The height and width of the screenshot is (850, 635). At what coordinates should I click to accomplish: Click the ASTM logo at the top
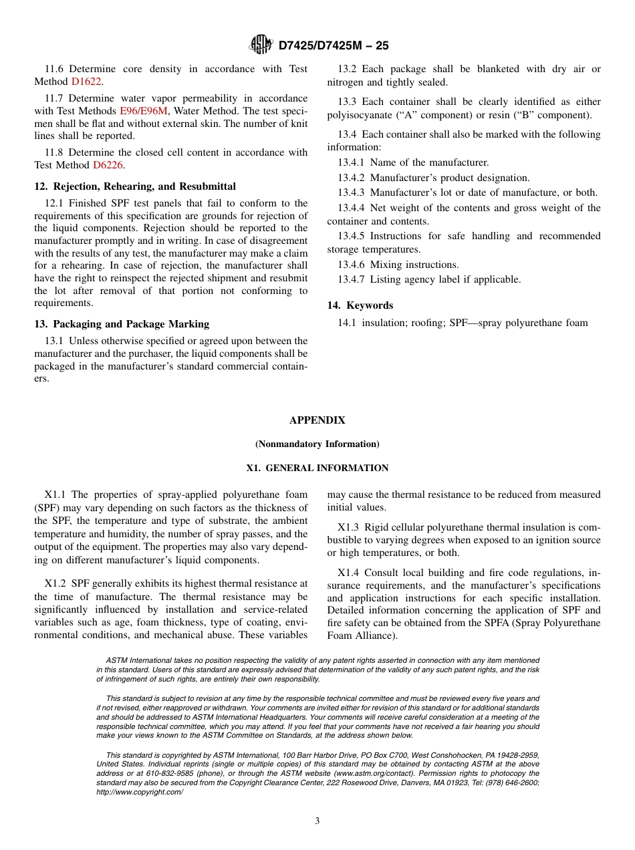point(261,45)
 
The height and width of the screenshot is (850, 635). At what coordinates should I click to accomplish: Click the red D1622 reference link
point(86,82)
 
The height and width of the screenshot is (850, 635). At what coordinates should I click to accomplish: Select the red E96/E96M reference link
point(143,111)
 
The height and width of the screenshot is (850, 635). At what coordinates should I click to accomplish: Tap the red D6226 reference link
point(108,165)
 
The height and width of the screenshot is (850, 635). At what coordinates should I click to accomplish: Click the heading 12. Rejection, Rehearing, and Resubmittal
point(135,186)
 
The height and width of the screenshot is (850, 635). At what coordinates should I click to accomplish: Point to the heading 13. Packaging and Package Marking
point(122,324)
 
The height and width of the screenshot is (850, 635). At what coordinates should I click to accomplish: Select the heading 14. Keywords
point(360,305)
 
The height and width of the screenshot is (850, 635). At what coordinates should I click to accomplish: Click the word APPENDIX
point(317,420)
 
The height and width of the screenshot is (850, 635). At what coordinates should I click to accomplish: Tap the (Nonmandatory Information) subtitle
point(317,444)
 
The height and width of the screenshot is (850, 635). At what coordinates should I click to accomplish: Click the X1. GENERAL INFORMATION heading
point(317,468)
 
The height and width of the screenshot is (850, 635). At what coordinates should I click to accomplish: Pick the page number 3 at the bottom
point(317,821)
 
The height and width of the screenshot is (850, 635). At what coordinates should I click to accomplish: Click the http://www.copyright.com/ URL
point(140,792)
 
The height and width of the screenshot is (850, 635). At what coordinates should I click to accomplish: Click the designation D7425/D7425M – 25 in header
point(333,45)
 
